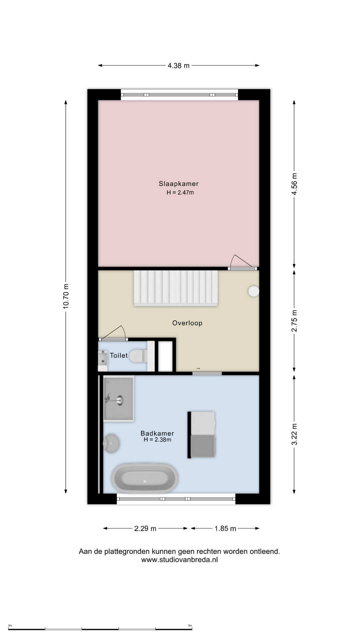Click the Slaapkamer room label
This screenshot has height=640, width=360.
point(179,184)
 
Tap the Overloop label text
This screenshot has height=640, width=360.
point(187,323)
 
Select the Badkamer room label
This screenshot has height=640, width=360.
point(157,433)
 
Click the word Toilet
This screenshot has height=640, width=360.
point(119,356)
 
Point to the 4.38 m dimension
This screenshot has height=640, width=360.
point(179,66)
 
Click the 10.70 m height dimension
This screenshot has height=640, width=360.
point(66,296)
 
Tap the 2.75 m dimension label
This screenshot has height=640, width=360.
point(294,321)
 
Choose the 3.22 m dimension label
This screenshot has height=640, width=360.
point(294,434)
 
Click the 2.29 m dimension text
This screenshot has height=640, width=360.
point(145,528)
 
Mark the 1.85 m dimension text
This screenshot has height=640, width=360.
point(225,528)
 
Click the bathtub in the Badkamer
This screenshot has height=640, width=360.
point(145,478)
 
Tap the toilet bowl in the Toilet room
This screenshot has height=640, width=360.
point(139,356)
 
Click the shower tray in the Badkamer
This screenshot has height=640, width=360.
point(119,399)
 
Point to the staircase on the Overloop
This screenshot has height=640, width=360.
point(176,288)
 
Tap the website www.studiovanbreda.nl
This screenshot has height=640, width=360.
point(179,560)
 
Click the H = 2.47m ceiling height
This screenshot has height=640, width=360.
point(180,192)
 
